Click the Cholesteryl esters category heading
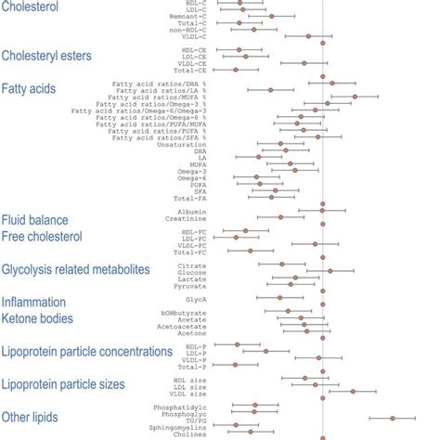pos(46,56)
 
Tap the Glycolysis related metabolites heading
pos(75,269)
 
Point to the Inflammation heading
pos(33,303)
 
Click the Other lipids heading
pos(30,417)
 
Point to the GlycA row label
pos(196,298)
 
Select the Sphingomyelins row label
pos(178,427)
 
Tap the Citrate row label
pos(192,265)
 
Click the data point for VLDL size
pos(353,393)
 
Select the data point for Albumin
pos(322,211)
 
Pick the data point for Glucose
pos(330,271)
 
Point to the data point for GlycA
pos(280,298)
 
